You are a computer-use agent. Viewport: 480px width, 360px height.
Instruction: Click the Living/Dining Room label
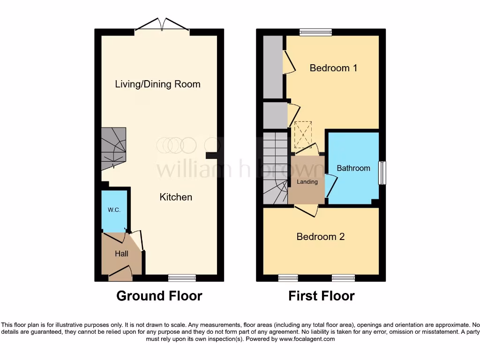(157, 84)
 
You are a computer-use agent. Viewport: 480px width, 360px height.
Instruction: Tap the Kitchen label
(176, 197)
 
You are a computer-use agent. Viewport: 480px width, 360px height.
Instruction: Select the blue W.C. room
(115, 211)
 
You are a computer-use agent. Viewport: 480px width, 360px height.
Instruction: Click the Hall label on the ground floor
(121, 254)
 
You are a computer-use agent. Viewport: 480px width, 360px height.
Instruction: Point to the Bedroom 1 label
(333, 68)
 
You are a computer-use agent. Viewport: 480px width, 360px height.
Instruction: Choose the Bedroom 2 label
(321, 237)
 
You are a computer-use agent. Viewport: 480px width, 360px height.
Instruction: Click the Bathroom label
(353, 168)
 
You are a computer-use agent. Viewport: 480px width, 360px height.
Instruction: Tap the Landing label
(307, 182)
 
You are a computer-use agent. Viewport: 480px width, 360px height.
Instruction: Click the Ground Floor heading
(159, 296)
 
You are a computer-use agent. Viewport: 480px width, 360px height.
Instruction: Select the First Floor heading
(321, 296)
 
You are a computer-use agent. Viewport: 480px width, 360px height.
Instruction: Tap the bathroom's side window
(382, 172)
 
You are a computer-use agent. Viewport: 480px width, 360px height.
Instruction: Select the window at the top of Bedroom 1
(315, 32)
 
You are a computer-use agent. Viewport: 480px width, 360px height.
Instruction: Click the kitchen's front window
(182, 278)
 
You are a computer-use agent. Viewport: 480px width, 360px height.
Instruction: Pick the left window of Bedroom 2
(288, 278)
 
